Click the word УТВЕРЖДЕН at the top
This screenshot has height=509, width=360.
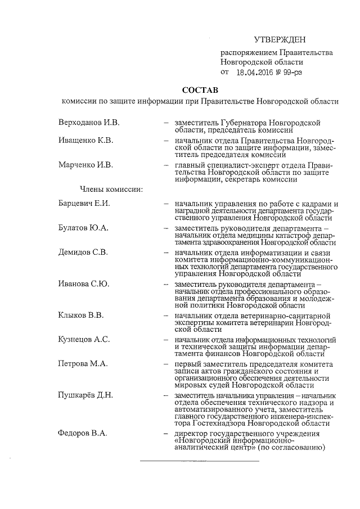[x=280, y=39]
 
